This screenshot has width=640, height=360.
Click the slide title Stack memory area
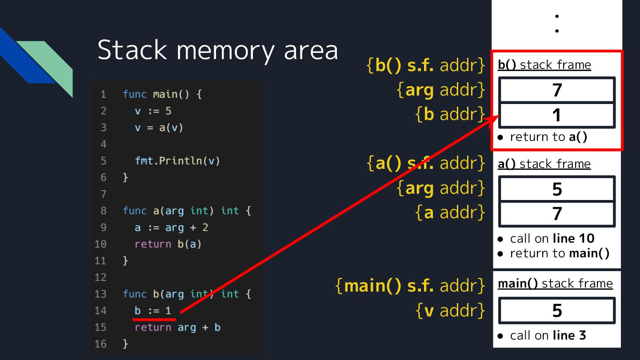(217, 50)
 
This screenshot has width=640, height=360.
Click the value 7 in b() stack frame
(557, 90)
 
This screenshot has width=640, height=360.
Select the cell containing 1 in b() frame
(557, 116)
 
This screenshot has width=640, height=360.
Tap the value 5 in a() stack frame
(557, 189)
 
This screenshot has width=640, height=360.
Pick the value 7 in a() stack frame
(557, 214)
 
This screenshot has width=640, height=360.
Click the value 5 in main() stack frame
(557, 311)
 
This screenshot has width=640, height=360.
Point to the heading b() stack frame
(544, 65)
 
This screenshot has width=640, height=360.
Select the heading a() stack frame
(544, 164)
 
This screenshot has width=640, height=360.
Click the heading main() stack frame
(555, 284)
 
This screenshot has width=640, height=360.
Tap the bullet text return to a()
(548, 137)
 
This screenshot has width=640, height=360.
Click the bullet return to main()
(559, 253)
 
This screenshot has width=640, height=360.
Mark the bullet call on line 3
(548, 335)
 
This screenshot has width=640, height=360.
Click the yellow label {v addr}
(450, 311)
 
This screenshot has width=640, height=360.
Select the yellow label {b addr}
(450, 114)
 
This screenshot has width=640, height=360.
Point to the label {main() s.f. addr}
(410, 285)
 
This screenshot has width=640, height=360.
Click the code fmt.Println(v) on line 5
(177, 160)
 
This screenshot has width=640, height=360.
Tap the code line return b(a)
(168, 244)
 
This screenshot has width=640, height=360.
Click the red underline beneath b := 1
(155, 319)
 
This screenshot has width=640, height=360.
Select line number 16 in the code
(101, 344)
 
